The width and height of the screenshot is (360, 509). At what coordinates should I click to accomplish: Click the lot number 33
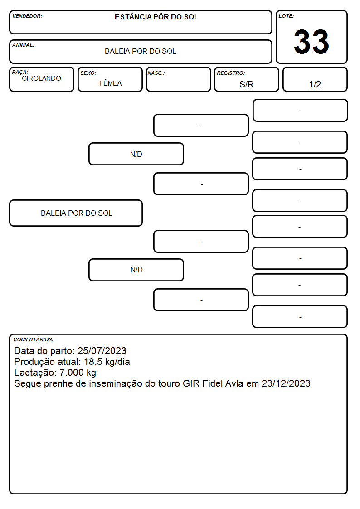pyautogui.click(x=311, y=42)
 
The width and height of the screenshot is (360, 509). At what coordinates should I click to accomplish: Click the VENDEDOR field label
pyautogui.click(x=27, y=16)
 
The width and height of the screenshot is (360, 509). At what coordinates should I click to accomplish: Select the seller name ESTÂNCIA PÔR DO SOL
pyautogui.click(x=156, y=17)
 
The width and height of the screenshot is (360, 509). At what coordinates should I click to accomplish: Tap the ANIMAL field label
pyautogui.click(x=24, y=45)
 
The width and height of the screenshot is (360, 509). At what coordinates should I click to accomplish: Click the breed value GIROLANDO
pyautogui.click(x=41, y=78)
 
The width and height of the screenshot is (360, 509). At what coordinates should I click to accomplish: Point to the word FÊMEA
pyautogui.click(x=110, y=83)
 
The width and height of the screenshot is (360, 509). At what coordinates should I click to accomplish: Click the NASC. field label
pyautogui.click(x=156, y=73)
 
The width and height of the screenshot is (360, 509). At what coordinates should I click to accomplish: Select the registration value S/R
pyautogui.click(x=246, y=84)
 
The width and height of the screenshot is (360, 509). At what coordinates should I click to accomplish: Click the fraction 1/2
pyautogui.click(x=315, y=84)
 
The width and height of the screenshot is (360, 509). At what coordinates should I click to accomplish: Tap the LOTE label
pyautogui.click(x=286, y=16)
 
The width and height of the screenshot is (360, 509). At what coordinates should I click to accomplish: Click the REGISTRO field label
pyautogui.click(x=231, y=73)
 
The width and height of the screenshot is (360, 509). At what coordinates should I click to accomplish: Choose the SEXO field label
pyautogui.click(x=88, y=73)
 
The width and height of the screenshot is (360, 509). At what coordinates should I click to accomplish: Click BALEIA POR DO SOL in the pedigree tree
pyautogui.click(x=77, y=213)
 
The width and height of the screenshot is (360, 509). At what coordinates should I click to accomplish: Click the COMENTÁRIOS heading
pyautogui.click(x=34, y=339)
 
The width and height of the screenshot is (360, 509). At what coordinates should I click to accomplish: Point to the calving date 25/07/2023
pyautogui.click(x=102, y=350)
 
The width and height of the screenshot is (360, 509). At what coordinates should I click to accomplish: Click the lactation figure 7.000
pyautogui.click(x=72, y=373)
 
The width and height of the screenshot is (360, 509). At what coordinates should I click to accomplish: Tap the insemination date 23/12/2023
pyautogui.click(x=286, y=383)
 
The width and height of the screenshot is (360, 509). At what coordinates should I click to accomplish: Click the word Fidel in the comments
pyautogui.click(x=212, y=383)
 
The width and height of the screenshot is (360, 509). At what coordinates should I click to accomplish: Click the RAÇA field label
pyautogui.click(x=20, y=72)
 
